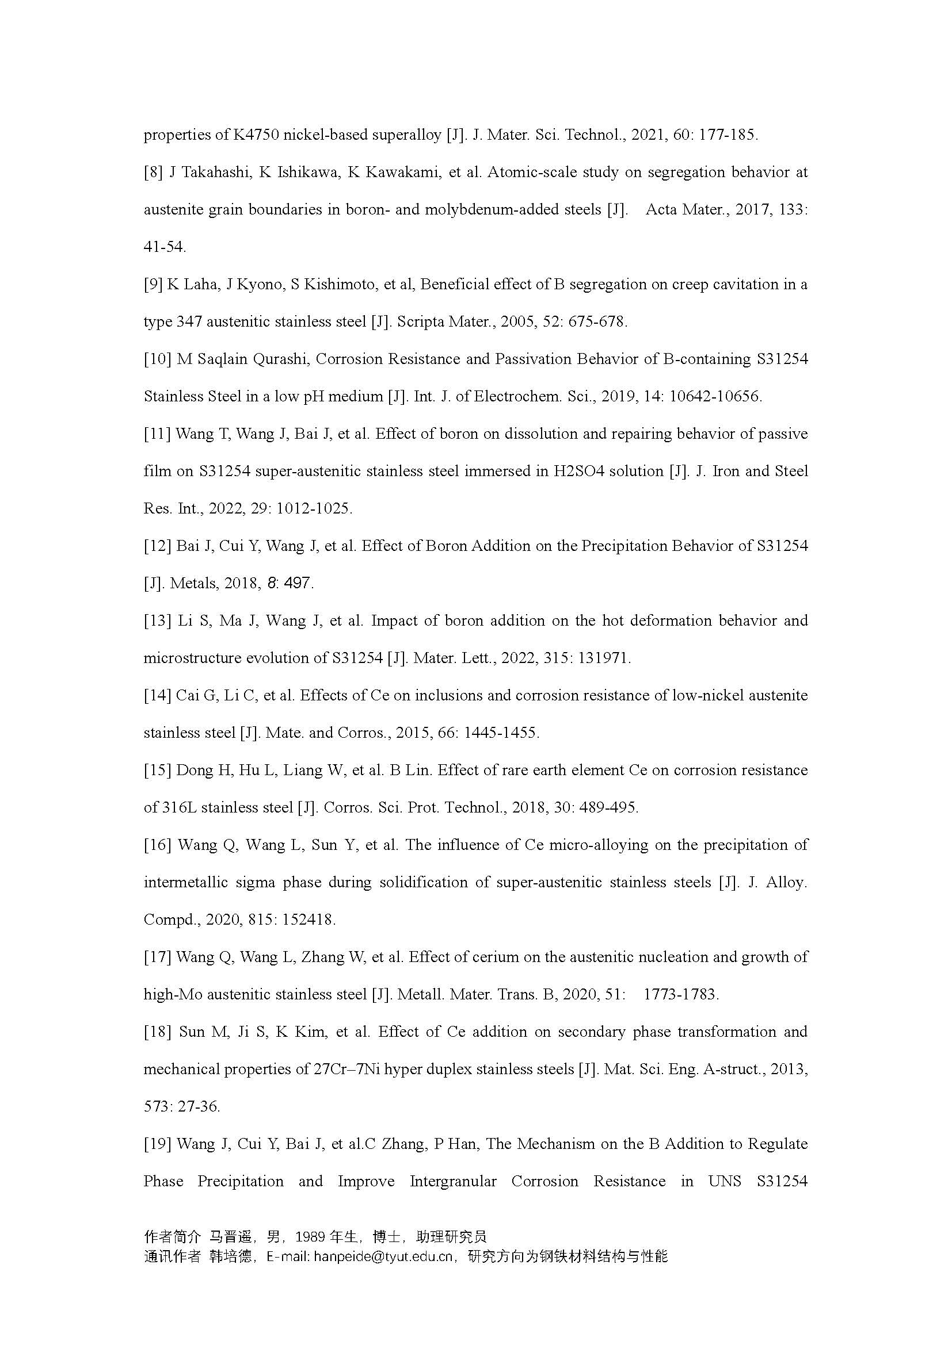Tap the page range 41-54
pyautogui.click(x=165, y=247)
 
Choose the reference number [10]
pyautogui.click(x=157, y=359)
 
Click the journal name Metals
pyautogui.click(x=195, y=584)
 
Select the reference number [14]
pyautogui.click(x=157, y=696)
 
